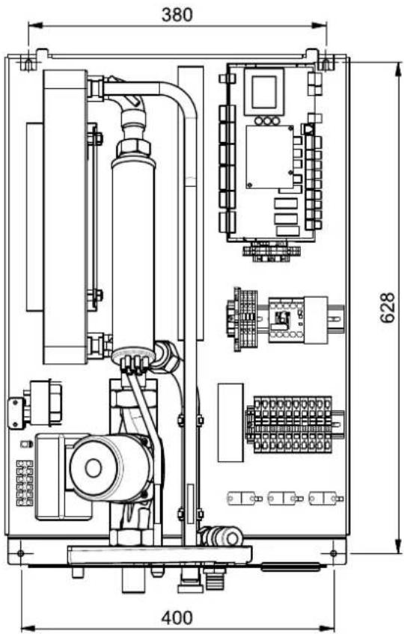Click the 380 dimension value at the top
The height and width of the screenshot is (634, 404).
pos(177,14)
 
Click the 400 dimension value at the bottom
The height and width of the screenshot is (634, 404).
pos(177,618)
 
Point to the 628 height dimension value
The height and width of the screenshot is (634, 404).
pos(388,307)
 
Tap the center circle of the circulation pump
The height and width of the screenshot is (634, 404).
pos(94,468)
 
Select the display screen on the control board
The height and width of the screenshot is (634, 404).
pos(263,90)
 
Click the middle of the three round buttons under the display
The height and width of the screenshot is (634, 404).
pos(267,120)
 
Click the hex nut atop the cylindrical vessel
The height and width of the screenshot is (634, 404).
pos(133,148)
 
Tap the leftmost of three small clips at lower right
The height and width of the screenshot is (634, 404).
pos(244,498)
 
